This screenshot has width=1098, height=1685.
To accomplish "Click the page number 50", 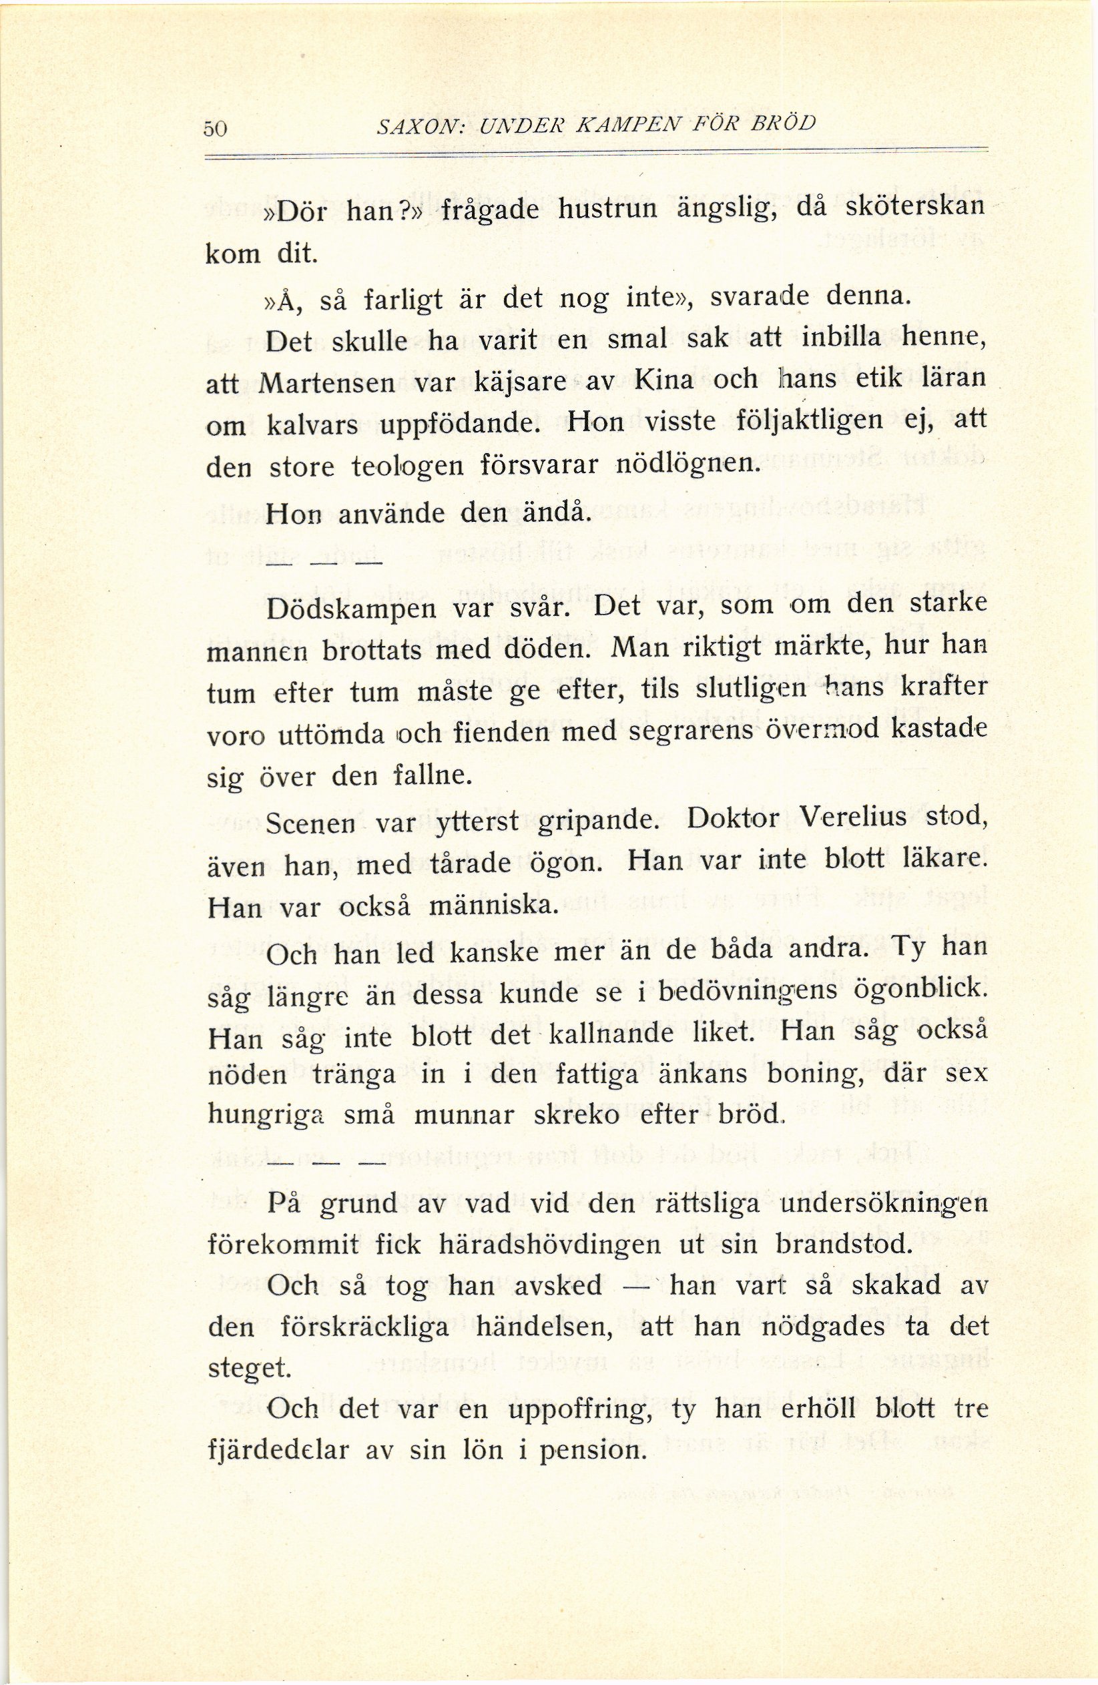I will coord(214,128).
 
